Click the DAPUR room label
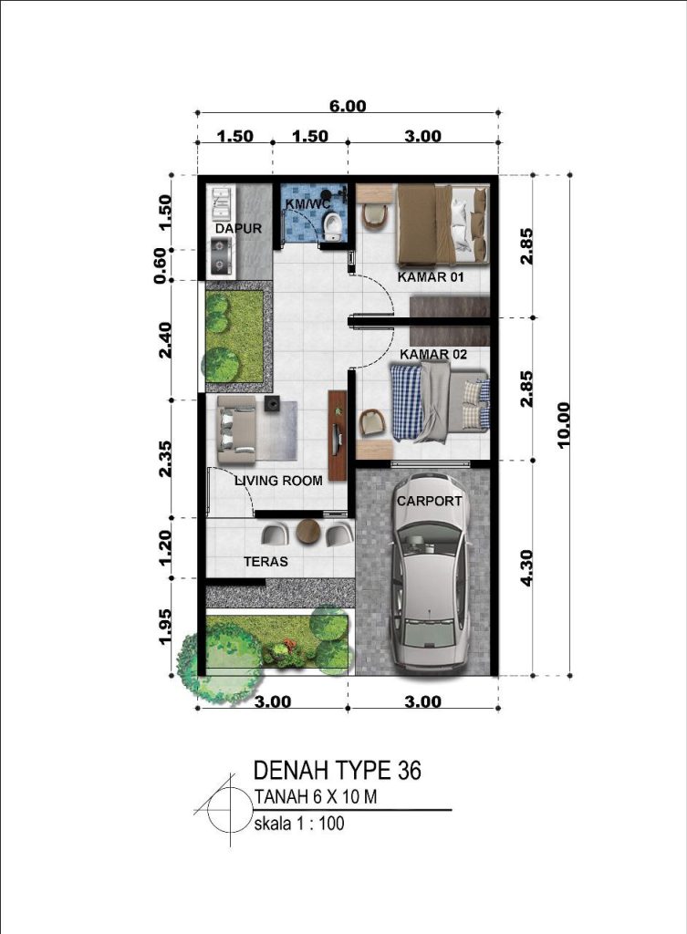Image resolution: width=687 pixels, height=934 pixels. [238, 229]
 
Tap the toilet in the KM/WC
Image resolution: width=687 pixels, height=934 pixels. [332, 227]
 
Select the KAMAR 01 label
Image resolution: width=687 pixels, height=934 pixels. [431, 277]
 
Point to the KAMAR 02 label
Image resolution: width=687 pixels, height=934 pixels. [433, 355]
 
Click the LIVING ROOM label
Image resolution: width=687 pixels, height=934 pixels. [278, 481]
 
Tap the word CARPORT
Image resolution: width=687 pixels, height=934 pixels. [429, 502]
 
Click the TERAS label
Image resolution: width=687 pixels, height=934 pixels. [265, 562]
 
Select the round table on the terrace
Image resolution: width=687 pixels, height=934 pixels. [308, 531]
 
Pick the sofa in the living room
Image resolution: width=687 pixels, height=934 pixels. [236, 429]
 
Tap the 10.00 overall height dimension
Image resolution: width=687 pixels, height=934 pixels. [563, 425]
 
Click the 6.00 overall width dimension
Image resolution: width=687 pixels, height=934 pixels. [348, 106]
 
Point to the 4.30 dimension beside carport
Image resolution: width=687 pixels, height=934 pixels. [526, 567]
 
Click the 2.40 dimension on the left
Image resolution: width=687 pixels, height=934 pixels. [165, 339]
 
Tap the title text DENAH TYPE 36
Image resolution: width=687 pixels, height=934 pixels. [338, 770]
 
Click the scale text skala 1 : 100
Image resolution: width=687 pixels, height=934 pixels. [299, 824]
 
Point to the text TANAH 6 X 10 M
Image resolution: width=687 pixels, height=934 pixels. [315, 795]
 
